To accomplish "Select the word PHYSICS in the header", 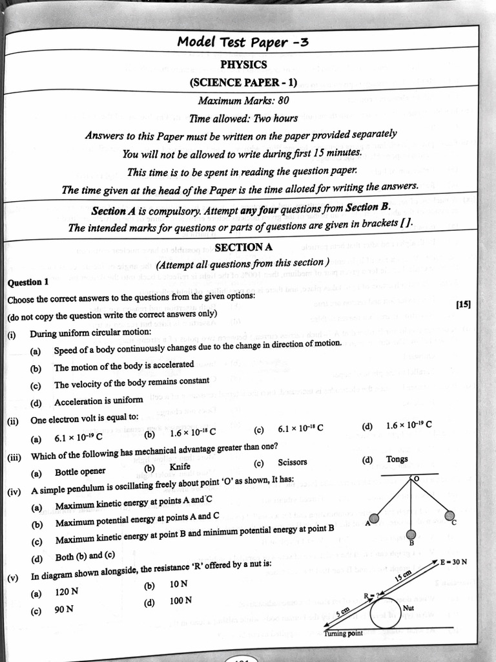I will tap(243, 65).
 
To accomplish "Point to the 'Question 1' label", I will tap(28, 283).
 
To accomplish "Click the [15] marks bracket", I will tap(462, 304).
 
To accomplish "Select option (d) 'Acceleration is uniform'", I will tap(98, 401).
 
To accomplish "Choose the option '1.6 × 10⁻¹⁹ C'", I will tap(408, 425).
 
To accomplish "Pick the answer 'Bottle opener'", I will tap(80, 472).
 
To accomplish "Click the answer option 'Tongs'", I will tap(397, 460).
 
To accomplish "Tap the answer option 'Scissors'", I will tap(292, 463).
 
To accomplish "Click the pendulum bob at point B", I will tap(411, 534).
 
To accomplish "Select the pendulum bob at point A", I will tap(374, 518).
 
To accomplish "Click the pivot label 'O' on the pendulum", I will tap(416, 479).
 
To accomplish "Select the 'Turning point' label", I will tap(343, 633).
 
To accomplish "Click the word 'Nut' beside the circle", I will tap(408, 608).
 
